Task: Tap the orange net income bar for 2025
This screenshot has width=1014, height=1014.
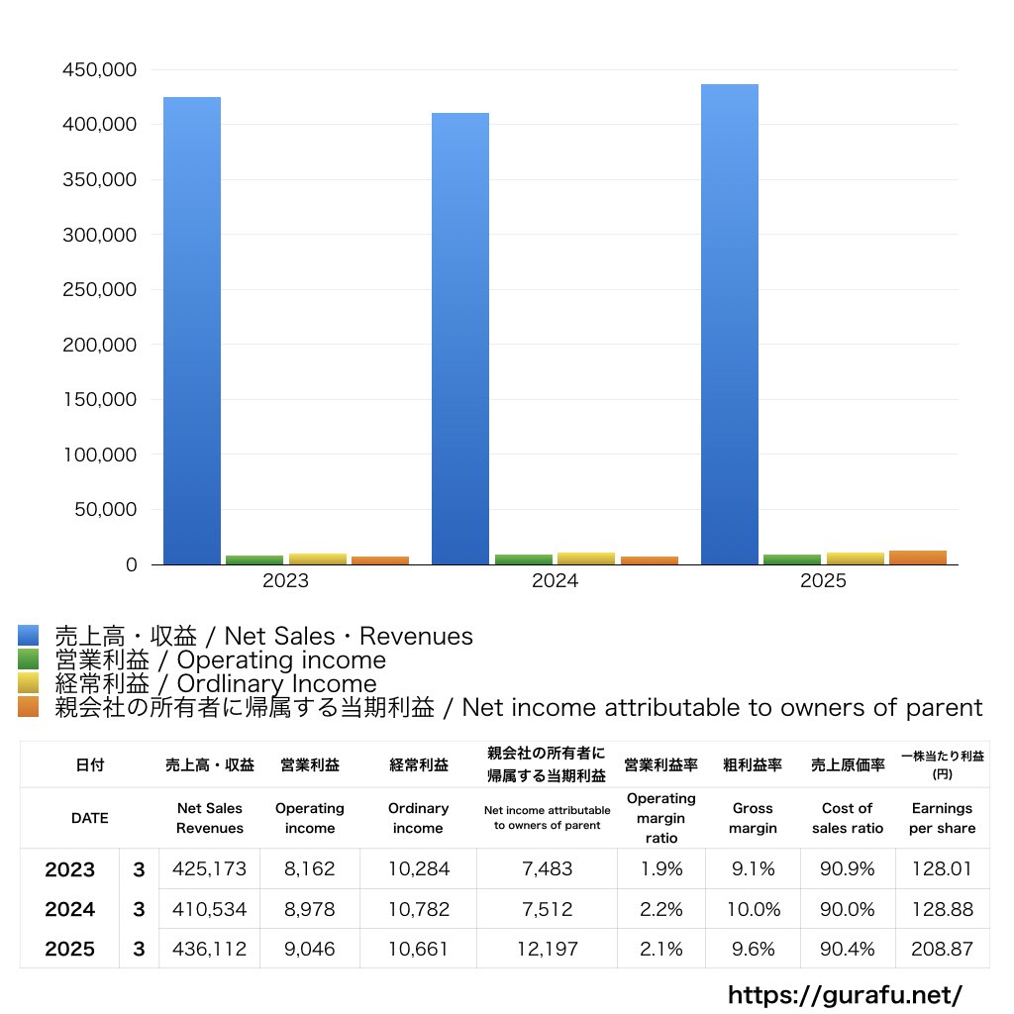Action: tap(918, 558)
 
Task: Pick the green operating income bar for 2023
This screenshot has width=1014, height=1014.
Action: tap(254, 559)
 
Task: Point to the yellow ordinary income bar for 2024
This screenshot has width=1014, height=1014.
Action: tap(586, 558)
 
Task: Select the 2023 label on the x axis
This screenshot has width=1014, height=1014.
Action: tap(285, 581)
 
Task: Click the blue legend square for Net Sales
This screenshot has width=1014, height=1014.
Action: tap(28, 636)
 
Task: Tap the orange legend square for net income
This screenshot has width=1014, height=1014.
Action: tap(28, 707)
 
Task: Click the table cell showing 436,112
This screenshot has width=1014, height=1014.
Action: tap(209, 949)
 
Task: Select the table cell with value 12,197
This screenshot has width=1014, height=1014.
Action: tap(546, 949)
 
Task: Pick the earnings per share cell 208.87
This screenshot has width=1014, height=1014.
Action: tap(942, 949)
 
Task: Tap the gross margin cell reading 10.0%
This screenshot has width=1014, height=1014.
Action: tap(753, 909)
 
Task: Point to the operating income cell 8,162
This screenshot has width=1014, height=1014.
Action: tap(309, 869)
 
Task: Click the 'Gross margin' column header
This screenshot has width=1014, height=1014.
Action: tap(753, 819)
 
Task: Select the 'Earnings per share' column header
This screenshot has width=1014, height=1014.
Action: tap(942, 819)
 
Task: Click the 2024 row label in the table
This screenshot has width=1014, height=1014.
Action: tap(70, 909)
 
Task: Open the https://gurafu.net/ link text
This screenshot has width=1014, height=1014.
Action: tap(845, 994)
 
